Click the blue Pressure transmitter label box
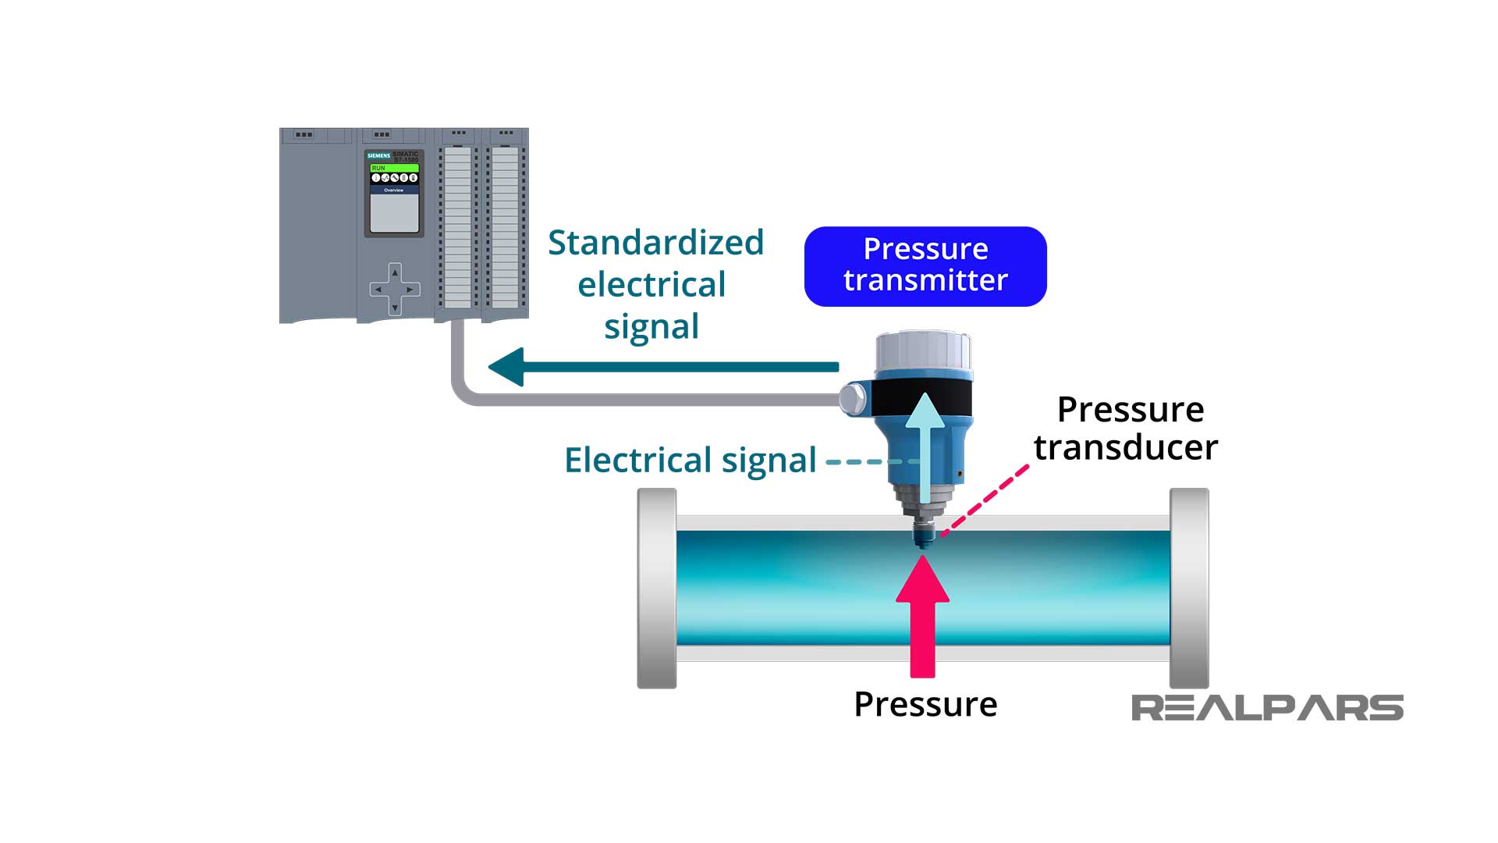point(925,266)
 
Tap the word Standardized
point(655,243)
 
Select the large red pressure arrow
point(922,617)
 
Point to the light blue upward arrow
point(925,445)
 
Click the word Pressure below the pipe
point(925,704)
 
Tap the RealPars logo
point(1267,707)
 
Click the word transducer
point(1125,447)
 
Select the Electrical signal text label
point(690,460)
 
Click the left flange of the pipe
point(657,588)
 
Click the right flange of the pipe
point(1189,588)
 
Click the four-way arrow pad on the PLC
point(395,289)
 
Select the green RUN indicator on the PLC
point(394,168)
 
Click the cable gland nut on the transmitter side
point(853,399)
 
